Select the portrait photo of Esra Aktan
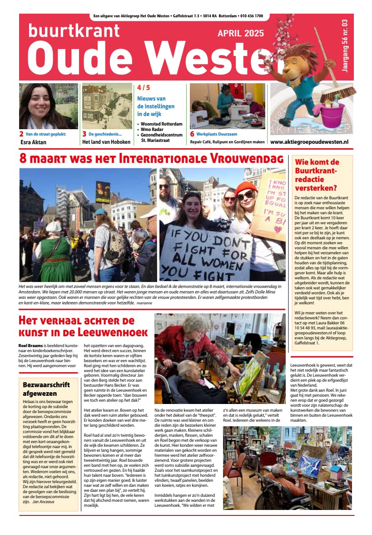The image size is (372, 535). (x=48, y=106)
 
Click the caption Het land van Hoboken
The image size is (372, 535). (x=106, y=142)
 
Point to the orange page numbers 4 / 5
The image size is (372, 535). (x=143, y=88)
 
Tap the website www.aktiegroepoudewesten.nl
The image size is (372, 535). (x=309, y=142)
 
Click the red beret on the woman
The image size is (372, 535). (x=246, y=187)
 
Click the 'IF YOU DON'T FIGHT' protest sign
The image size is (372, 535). (x=205, y=252)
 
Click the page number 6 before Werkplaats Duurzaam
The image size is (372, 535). (x=192, y=134)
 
